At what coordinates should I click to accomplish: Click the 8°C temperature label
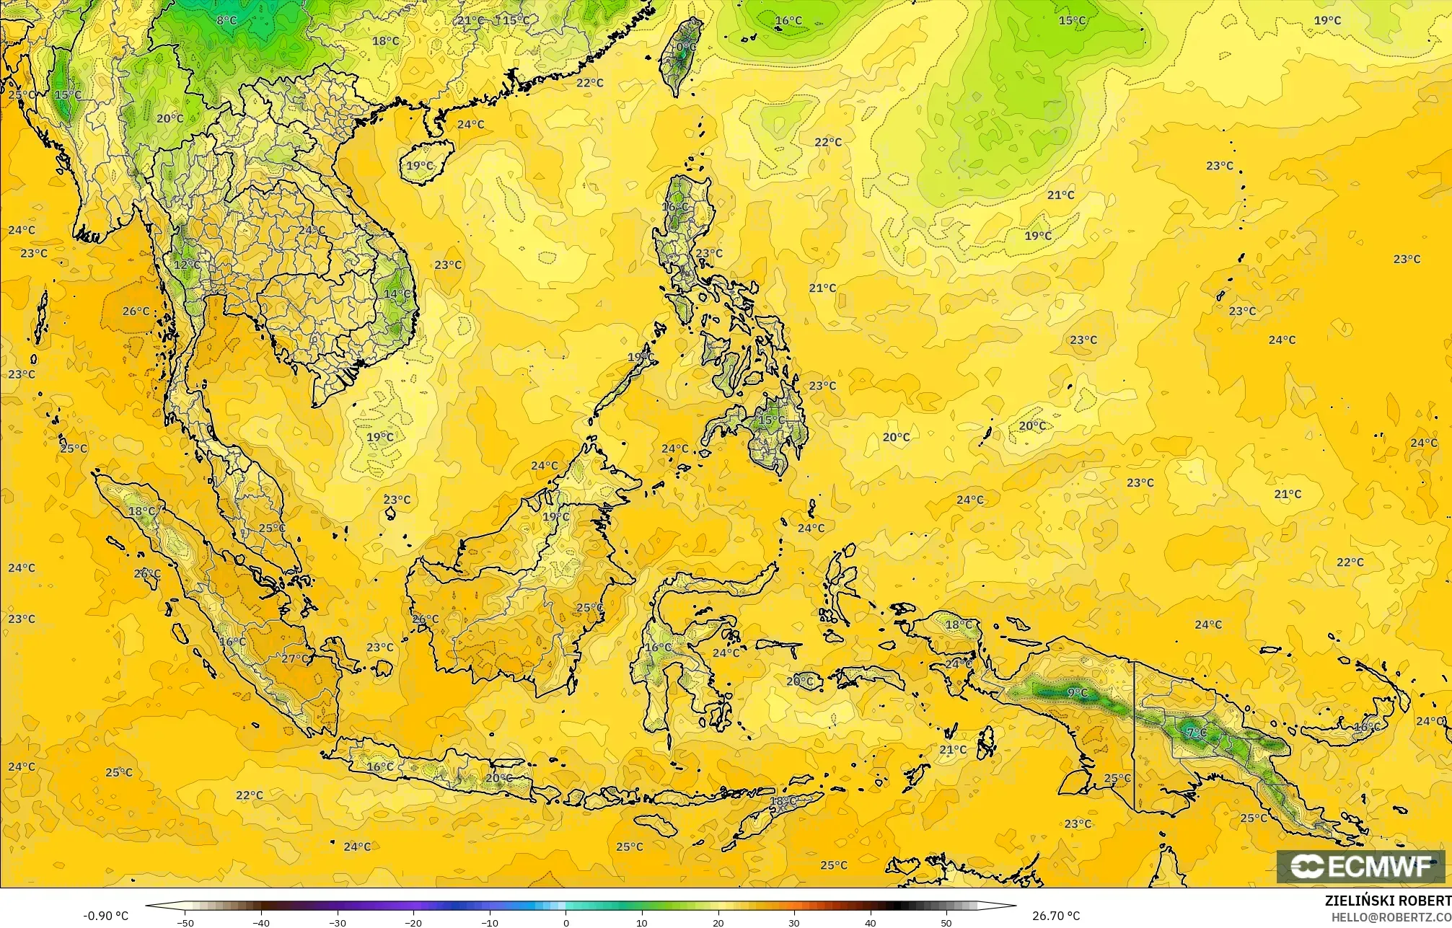[x=226, y=20]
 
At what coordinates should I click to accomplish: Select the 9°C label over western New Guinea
[x=1077, y=693]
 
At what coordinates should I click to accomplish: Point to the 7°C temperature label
[x=1196, y=733]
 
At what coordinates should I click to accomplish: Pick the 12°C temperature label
[x=187, y=265]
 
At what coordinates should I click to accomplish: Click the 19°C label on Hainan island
[x=420, y=166]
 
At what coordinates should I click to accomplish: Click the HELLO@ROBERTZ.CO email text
[x=1391, y=916]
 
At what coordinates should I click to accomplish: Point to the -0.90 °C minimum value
[x=105, y=916]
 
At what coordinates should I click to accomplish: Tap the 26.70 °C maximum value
[x=1055, y=916]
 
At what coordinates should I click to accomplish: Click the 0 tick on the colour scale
[x=566, y=923]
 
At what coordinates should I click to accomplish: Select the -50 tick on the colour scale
[x=185, y=923]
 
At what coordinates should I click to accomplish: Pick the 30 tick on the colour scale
[x=794, y=923]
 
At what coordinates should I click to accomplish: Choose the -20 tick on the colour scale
[x=413, y=923]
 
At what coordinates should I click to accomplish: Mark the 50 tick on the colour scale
[x=946, y=923]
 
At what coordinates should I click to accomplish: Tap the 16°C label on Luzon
[x=675, y=207]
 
